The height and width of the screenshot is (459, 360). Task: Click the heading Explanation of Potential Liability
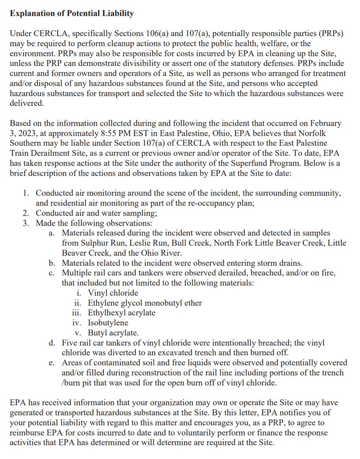pyautogui.click(x=72, y=14)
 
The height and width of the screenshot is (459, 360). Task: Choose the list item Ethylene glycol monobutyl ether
pyautogui.click(x=145, y=303)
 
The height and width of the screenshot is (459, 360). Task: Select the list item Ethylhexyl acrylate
pyautogui.click(x=122, y=313)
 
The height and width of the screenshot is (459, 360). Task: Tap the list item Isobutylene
pyautogui.click(x=108, y=322)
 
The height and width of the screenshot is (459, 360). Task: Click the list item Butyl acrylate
pyautogui.click(x=113, y=332)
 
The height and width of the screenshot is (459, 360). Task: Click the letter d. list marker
pyautogui.click(x=52, y=342)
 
